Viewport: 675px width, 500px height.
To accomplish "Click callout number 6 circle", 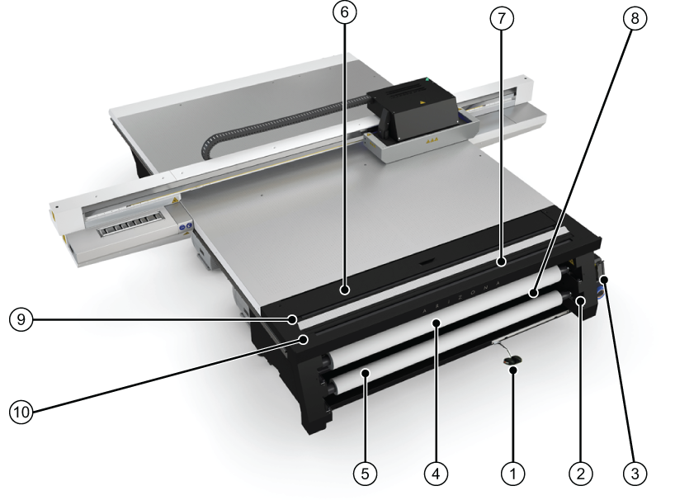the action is [x=344, y=12].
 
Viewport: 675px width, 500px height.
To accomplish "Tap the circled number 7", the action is [x=502, y=17].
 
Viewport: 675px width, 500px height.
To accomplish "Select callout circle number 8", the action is [x=635, y=18].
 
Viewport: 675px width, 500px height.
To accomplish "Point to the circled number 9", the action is [x=21, y=319].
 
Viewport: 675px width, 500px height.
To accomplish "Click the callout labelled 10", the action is [x=21, y=413].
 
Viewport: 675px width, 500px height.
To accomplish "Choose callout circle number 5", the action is [x=365, y=474].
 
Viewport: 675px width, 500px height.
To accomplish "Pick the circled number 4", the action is [x=436, y=474].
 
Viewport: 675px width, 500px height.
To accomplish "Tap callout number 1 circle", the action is [x=512, y=474].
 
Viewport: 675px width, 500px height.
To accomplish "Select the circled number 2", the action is [x=580, y=474].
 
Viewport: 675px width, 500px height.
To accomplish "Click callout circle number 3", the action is [x=635, y=474].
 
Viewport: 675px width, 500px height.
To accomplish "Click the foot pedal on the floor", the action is [x=512, y=361].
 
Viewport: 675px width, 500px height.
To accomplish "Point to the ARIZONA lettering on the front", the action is [x=460, y=297].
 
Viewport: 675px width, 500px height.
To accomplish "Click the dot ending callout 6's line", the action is [x=344, y=291].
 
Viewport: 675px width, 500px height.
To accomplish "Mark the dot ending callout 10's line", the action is [x=304, y=339].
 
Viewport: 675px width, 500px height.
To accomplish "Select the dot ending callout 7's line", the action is [x=501, y=262].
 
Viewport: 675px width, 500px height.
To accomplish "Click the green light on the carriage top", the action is [x=427, y=79].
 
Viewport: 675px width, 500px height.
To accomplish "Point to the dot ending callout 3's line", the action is [x=604, y=281].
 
